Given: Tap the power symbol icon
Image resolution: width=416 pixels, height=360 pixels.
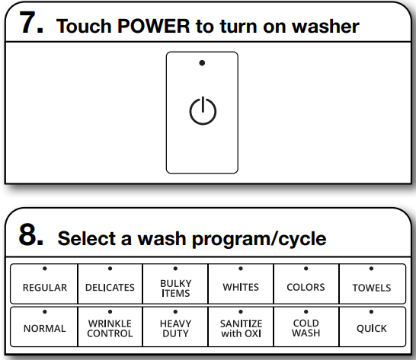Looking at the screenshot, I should click(x=202, y=112).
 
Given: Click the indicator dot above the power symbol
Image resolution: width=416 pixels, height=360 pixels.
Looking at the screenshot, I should click(x=202, y=62).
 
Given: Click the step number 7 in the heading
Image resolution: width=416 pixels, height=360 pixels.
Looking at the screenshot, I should click(x=32, y=24).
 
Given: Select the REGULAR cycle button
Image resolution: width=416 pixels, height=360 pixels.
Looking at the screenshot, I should click(x=45, y=284).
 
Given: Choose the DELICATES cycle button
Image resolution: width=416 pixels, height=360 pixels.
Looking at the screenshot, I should click(x=110, y=284).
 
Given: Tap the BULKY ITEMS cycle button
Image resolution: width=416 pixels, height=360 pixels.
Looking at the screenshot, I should click(x=175, y=284).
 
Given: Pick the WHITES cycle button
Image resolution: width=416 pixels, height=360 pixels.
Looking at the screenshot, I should click(x=241, y=284).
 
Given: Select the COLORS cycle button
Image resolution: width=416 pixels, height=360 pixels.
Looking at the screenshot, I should click(x=306, y=284).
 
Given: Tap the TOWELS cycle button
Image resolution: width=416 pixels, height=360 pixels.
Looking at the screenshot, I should click(x=372, y=284).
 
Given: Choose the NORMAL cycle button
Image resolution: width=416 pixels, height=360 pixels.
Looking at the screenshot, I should click(x=45, y=325).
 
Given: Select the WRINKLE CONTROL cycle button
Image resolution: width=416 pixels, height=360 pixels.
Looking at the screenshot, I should click(x=110, y=325).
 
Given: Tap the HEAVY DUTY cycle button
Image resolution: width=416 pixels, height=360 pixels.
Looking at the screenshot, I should click(x=175, y=325).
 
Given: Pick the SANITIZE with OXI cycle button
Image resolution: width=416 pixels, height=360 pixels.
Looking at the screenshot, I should click(x=241, y=325).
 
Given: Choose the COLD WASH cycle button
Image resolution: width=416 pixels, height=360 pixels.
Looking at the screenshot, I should click(x=306, y=325).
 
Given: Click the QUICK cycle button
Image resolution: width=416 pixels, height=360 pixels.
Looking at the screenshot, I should click(x=372, y=325).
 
